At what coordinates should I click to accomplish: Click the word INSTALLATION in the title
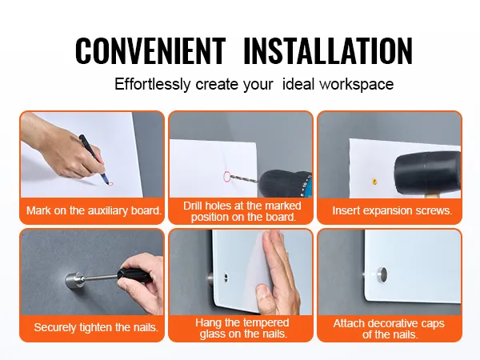coord(327,50)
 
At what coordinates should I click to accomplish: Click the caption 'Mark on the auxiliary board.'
coord(94,211)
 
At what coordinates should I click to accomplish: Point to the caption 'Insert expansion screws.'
coord(392,211)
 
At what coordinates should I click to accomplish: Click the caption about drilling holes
coord(242,211)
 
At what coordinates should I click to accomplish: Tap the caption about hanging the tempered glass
coord(242,328)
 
